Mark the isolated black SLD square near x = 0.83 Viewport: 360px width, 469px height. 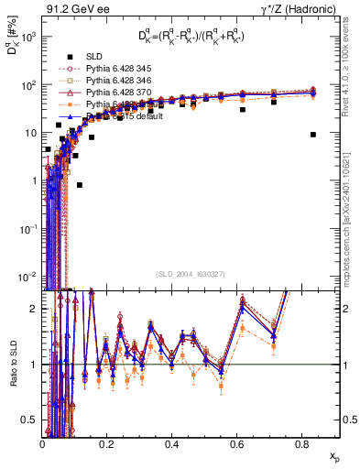click(x=313, y=134)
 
